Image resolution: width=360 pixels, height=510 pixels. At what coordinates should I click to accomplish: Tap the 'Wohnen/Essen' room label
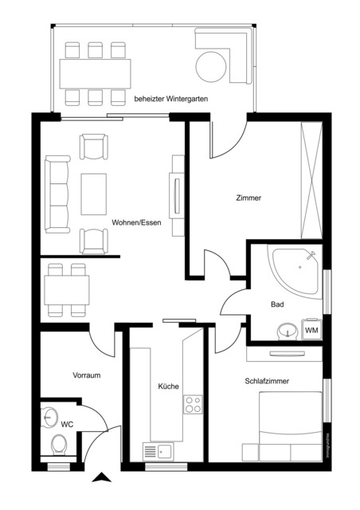[x=137, y=222]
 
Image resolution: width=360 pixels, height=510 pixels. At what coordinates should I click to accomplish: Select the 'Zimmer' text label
[x=248, y=198]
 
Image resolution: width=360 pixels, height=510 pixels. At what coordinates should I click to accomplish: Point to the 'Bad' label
[x=277, y=304]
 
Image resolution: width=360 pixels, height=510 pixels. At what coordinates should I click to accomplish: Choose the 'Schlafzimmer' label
[x=267, y=382]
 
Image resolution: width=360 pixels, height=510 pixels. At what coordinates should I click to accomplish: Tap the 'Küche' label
[x=168, y=386]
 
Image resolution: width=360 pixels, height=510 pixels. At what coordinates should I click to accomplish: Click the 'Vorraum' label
[x=86, y=375]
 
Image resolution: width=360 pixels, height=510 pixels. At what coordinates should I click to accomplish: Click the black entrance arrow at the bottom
[x=103, y=478]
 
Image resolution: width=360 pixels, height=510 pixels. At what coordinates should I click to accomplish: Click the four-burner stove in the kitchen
[x=194, y=404]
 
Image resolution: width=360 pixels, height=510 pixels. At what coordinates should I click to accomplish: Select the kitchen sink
[x=160, y=452]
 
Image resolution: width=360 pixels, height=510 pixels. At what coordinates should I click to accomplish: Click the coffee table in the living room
[x=94, y=194]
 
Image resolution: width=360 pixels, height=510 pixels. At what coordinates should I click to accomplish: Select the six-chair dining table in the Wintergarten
[x=96, y=73]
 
